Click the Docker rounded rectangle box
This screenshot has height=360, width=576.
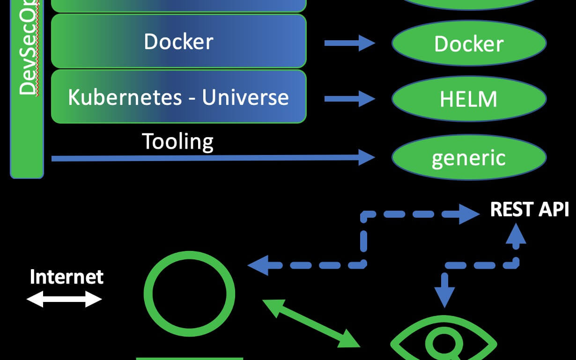point(178,41)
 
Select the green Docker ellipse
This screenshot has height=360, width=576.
point(469,44)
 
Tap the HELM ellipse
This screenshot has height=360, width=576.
point(469,99)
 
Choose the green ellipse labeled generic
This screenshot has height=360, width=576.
point(469,157)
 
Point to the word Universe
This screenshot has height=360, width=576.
point(245,97)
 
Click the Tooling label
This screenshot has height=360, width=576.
point(177,141)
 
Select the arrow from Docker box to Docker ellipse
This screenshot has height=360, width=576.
point(349,43)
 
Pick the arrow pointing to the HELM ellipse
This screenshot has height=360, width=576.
point(349,99)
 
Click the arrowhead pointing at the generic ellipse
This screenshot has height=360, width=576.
point(366,158)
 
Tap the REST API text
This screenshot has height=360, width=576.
point(529,210)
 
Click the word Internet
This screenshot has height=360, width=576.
point(66,277)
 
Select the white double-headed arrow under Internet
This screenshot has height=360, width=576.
point(64,299)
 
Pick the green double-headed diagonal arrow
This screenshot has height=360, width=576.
point(311,323)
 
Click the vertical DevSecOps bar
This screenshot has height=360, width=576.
point(27,89)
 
